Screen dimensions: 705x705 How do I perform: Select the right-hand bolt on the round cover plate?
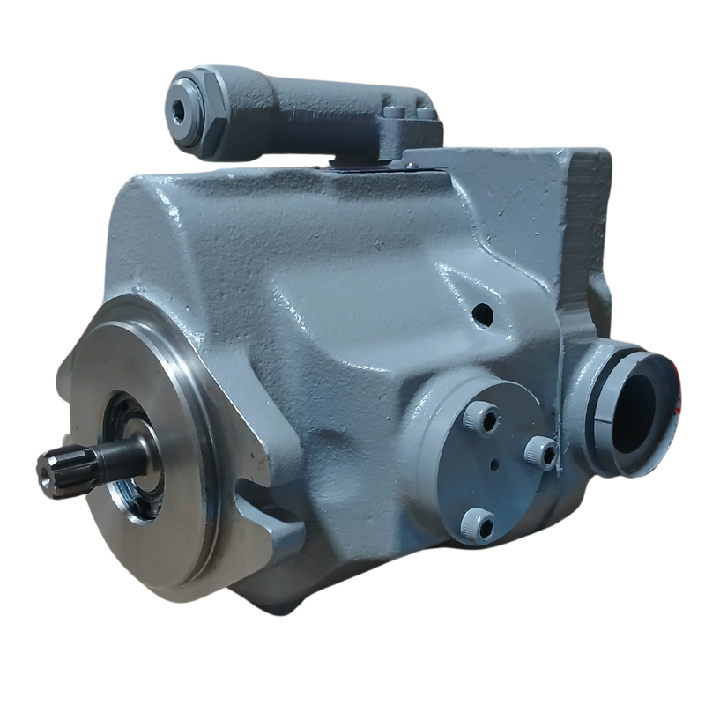point(535,452)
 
